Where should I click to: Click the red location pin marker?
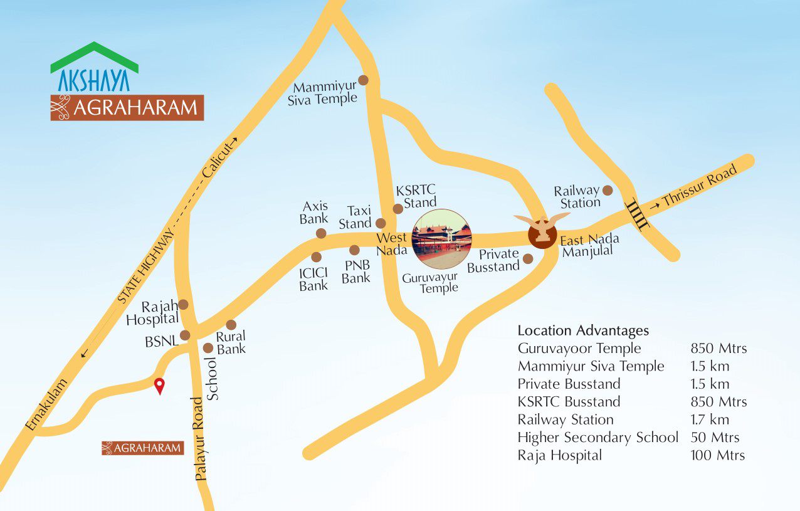pyautogui.click(x=159, y=386)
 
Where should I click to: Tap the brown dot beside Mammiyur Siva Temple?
pyautogui.click(x=363, y=80)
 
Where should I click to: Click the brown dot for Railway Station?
pyautogui.click(x=607, y=190)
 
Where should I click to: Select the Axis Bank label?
pyautogui.click(x=314, y=213)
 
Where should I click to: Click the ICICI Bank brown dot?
pyautogui.click(x=316, y=257)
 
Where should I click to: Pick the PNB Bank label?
pyautogui.click(x=355, y=271)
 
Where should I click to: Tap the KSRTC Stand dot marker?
pyautogui.click(x=397, y=209)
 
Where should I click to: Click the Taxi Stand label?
pyautogui.click(x=355, y=217)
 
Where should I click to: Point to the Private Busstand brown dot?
pyautogui.click(x=528, y=258)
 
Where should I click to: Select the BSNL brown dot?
pyautogui.click(x=185, y=335)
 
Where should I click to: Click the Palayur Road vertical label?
pyautogui.click(x=201, y=438)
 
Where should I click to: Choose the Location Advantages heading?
pyautogui.click(x=583, y=330)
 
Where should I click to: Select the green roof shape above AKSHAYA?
pyautogui.click(x=94, y=55)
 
